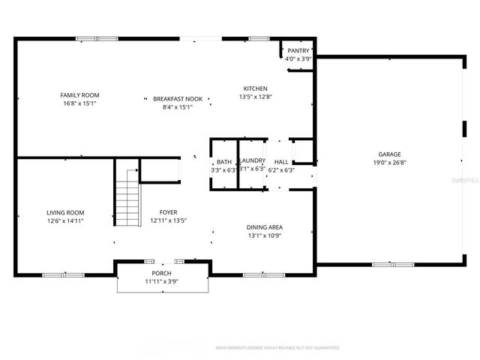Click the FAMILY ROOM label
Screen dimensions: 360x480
pos(79,95)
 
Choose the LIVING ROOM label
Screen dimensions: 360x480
pos(65,213)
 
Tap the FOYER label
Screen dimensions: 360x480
pos(168,213)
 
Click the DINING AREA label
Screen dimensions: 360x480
pos(265,227)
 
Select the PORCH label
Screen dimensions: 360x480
pos(161,273)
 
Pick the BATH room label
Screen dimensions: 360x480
pos(223,162)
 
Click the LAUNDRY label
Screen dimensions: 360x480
pos(252,161)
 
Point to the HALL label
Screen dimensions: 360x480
pos(281,162)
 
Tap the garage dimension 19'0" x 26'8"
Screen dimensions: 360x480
pos(389,161)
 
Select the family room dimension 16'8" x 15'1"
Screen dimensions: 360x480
pos(79,103)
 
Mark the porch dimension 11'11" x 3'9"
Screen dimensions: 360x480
pos(161,281)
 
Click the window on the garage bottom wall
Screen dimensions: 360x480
pos(393,264)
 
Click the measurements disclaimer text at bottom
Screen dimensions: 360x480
pos(277,348)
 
